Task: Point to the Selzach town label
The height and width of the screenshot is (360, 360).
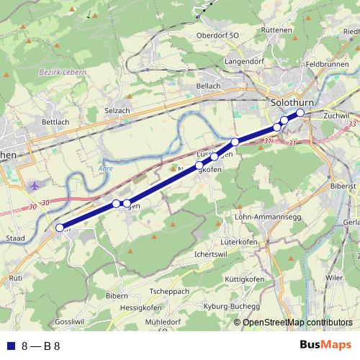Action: (117, 110)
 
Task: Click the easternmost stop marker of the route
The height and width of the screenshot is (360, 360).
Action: (300, 113)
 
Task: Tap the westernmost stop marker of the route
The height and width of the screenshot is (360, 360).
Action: (60, 228)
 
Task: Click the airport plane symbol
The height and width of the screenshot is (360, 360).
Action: (35, 186)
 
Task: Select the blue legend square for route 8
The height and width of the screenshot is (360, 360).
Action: (10, 346)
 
